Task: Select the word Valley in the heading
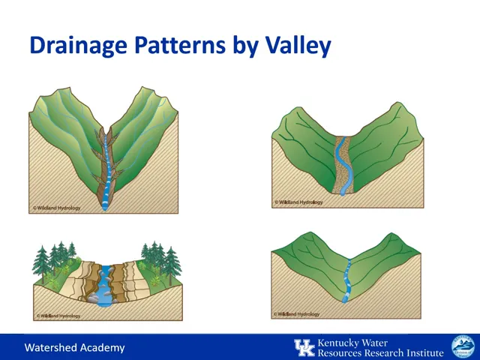pyautogui.click(x=298, y=45)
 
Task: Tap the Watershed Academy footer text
pyautogui.click(x=74, y=348)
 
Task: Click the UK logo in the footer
pyautogui.click(x=304, y=347)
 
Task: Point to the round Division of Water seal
pyautogui.click(x=462, y=347)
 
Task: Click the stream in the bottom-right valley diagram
pyautogui.click(x=348, y=281)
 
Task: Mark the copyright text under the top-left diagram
pyautogui.click(x=56, y=208)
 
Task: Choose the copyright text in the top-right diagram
pyautogui.click(x=298, y=202)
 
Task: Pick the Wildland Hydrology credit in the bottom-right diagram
pyautogui.click(x=297, y=315)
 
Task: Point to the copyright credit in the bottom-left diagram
pyautogui.click(x=58, y=316)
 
